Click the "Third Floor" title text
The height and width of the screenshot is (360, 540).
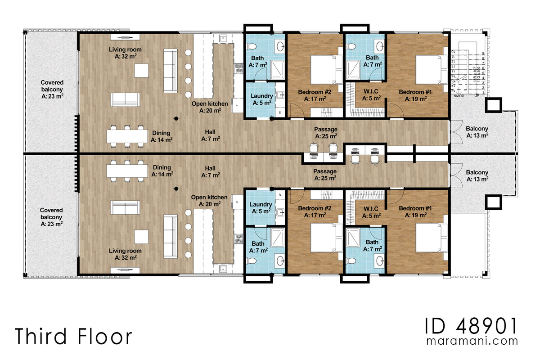tap(74, 336)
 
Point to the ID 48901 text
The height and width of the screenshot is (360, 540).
tap(472, 325)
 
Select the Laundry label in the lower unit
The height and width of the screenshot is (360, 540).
tap(261, 207)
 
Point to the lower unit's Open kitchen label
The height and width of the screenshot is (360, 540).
tap(209, 200)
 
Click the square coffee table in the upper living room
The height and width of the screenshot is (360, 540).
tap(142, 71)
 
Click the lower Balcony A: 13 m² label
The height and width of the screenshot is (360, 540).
tap(477, 175)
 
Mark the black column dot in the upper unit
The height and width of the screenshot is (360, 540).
tap(176, 118)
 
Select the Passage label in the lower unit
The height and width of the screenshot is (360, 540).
tap(325, 175)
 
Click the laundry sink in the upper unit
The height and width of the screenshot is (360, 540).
tap(280, 95)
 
